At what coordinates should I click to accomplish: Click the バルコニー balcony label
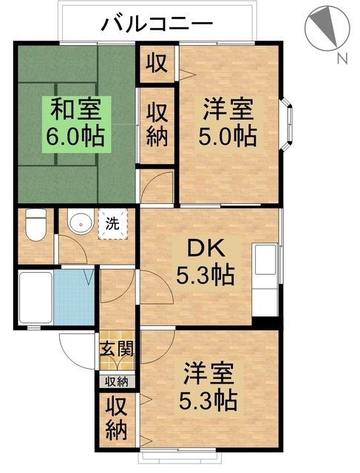tap(157, 24)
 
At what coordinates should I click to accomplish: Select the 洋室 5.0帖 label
tap(229, 123)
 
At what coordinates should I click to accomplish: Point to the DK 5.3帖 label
tap(205, 262)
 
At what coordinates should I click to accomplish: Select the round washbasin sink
tap(79, 224)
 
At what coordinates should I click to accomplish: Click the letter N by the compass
tap(341, 58)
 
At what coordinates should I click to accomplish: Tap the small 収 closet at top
tap(157, 63)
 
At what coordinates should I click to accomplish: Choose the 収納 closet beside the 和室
tap(157, 125)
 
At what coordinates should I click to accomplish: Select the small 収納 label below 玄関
tap(116, 381)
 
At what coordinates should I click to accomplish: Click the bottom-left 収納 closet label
tap(116, 418)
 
